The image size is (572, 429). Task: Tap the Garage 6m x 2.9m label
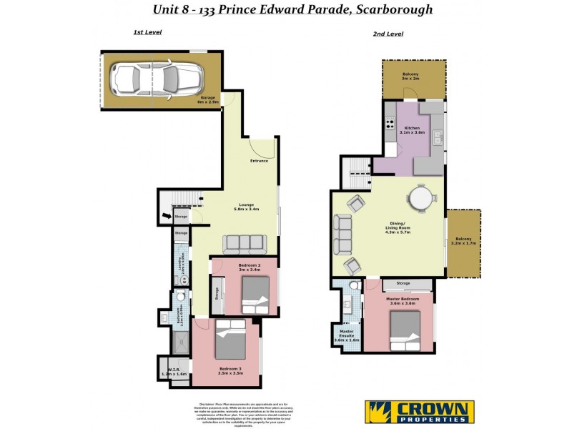click(x=208, y=101)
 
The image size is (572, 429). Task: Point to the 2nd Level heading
click(x=388, y=34)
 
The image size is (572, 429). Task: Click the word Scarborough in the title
click(x=390, y=10)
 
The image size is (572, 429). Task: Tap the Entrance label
click(x=259, y=161)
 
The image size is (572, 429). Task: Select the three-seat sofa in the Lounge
click(x=243, y=245)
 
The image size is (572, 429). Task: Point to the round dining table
click(x=421, y=195)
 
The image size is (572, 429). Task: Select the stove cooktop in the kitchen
click(x=390, y=124)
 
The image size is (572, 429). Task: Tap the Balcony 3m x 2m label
click(x=410, y=76)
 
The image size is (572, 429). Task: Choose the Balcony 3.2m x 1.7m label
click(x=464, y=242)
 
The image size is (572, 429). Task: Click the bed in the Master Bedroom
click(x=405, y=331)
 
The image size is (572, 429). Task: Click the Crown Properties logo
click(x=420, y=411)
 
